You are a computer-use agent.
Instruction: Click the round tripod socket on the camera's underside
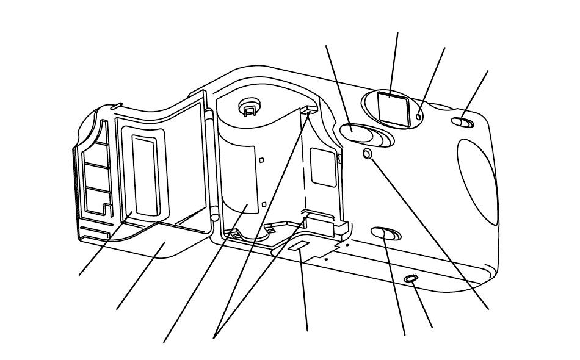click(412, 279)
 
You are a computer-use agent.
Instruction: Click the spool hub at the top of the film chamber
click(249, 107)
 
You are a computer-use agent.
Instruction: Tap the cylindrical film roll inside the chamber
click(238, 177)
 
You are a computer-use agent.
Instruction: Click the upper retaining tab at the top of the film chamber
click(310, 109)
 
